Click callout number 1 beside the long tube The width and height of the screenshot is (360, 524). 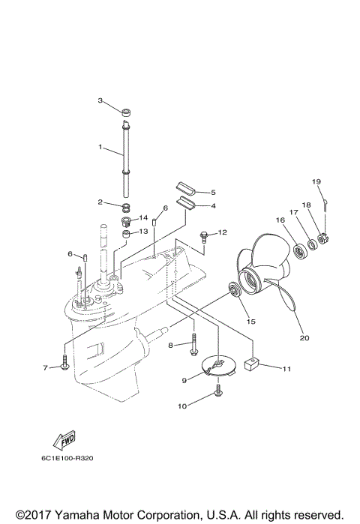tap(100, 148)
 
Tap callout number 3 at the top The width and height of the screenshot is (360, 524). tap(100, 100)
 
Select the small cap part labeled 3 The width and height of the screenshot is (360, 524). tap(127, 115)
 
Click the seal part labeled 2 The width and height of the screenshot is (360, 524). tap(129, 207)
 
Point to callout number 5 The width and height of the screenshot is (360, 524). tap(212, 192)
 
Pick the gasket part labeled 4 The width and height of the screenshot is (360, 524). tap(185, 200)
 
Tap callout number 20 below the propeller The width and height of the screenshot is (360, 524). tap(304, 337)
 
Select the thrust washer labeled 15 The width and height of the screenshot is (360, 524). tap(234, 292)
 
